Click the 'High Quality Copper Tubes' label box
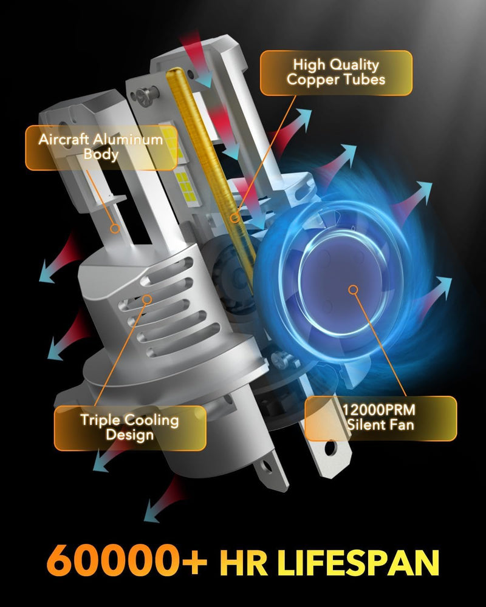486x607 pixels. click(336, 73)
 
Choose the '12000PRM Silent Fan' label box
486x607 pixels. click(380, 418)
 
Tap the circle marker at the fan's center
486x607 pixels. click(353, 290)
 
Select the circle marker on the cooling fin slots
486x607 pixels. click(147, 299)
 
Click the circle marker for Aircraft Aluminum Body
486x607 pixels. click(114, 229)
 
